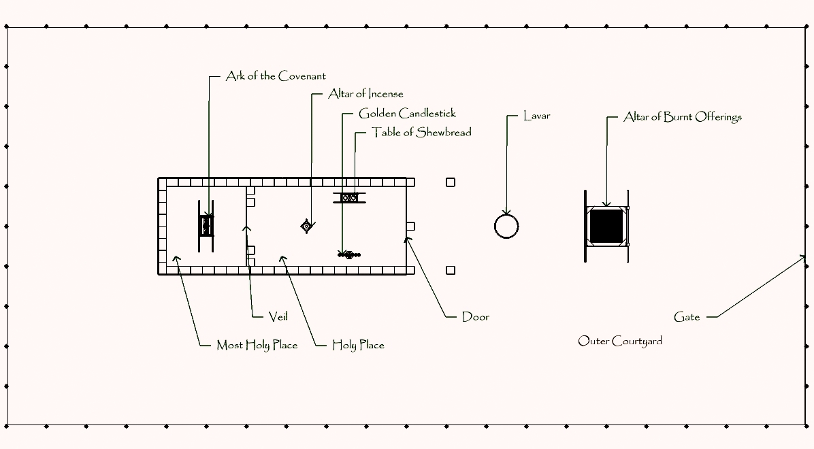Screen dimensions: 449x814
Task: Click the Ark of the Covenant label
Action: coord(276,77)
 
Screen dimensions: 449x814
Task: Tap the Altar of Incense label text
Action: coord(365,94)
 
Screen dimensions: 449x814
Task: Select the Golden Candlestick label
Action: coord(407,114)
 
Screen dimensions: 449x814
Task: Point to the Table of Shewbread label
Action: coord(421,133)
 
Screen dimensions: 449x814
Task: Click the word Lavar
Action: coord(536,116)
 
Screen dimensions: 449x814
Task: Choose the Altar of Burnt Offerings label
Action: coord(682,117)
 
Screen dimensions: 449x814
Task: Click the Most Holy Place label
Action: coord(257,345)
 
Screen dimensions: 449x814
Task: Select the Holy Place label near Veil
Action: coord(358,345)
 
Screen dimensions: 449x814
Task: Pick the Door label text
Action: coord(475,317)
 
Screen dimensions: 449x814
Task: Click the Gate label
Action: coord(687,317)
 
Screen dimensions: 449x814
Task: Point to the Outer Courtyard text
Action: coord(620,341)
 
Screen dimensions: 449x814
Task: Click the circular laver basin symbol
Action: coord(506,226)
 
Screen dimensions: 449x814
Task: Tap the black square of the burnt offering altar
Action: coord(606,225)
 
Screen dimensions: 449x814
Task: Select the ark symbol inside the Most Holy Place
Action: coord(206,224)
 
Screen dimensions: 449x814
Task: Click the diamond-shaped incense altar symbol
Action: coord(307,226)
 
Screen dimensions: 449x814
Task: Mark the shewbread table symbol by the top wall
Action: coord(350,197)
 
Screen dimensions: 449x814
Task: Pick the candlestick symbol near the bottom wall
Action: coord(349,254)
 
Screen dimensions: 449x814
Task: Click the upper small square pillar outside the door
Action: coord(451,182)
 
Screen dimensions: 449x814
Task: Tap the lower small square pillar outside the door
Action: coord(451,270)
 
